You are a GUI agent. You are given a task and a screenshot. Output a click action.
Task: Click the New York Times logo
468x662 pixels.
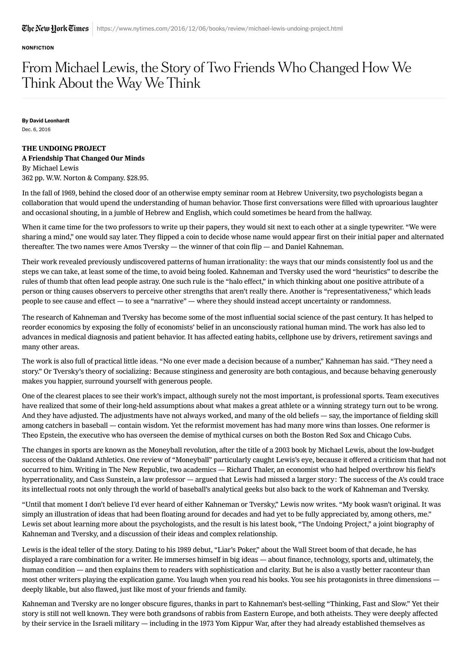coord(55,28)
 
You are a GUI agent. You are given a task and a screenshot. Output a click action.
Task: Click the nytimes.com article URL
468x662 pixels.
coord(220,29)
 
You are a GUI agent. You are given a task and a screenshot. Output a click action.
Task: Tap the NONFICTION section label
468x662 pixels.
coord(38,48)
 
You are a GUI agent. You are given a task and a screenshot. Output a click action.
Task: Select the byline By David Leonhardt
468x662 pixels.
coord(46,121)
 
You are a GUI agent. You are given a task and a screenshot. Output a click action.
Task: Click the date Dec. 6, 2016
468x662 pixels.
coord(36,130)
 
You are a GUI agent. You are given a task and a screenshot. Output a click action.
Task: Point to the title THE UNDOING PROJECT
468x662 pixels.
coord(64,148)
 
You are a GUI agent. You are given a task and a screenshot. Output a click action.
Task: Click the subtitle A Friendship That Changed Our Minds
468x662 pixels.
coord(83,158)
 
